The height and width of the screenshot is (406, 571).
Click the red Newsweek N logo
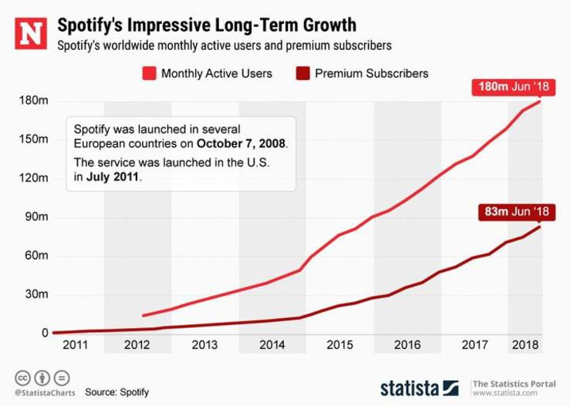click(x=32, y=33)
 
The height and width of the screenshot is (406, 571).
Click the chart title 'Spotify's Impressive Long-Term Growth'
click(x=207, y=25)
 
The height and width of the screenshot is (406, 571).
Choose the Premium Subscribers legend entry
click(x=362, y=74)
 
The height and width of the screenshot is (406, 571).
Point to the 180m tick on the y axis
click(x=35, y=101)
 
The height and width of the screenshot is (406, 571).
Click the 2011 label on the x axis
click(x=76, y=345)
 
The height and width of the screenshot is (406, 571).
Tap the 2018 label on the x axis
click(x=525, y=345)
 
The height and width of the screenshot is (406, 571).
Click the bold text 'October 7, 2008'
click(x=242, y=143)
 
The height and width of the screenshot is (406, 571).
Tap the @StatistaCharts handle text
click(x=38, y=393)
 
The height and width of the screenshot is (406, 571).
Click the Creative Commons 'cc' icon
click(x=22, y=378)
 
